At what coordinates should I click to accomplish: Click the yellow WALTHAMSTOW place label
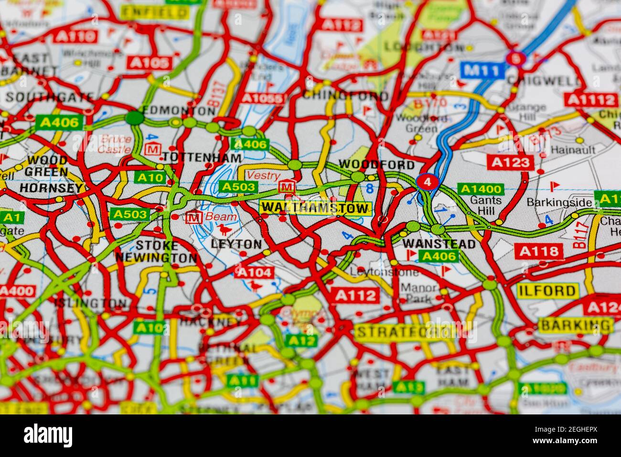(316, 208)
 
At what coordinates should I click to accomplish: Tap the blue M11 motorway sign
(483, 71)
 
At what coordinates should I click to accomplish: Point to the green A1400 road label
(480, 189)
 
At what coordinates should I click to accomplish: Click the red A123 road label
(511, 162)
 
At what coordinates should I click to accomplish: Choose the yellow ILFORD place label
(547, 290)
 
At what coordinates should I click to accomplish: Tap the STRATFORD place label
(406, 331)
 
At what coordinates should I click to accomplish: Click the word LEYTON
(236, 244)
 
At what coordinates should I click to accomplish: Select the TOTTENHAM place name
(202, 157)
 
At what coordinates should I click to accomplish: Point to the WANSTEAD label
(439, 244)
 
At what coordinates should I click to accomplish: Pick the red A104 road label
(255, 272)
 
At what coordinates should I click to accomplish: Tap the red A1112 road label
(591, 99)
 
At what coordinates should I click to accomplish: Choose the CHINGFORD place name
(345, 95)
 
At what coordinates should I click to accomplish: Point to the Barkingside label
(559, 202)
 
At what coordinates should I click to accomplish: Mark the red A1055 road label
(262, 98)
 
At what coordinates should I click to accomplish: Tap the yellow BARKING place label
(576, 325)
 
